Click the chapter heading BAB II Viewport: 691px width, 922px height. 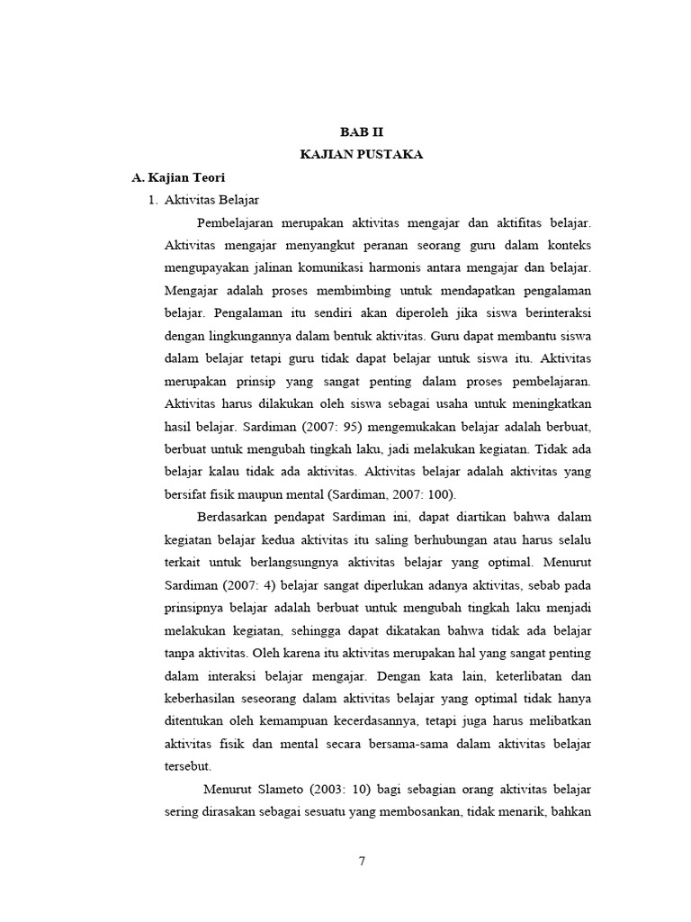pyautogui.click(x=361, y=131)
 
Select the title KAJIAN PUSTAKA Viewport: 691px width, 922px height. pyautogui.click(x=361, y=155)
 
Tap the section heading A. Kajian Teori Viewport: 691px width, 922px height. pyautogui.click(x=179, y=177)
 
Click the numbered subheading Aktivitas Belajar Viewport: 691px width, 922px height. pyautogui.click(x=211, y=200)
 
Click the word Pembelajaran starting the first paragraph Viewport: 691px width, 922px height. pyautogui.click(x=235, y=222)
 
